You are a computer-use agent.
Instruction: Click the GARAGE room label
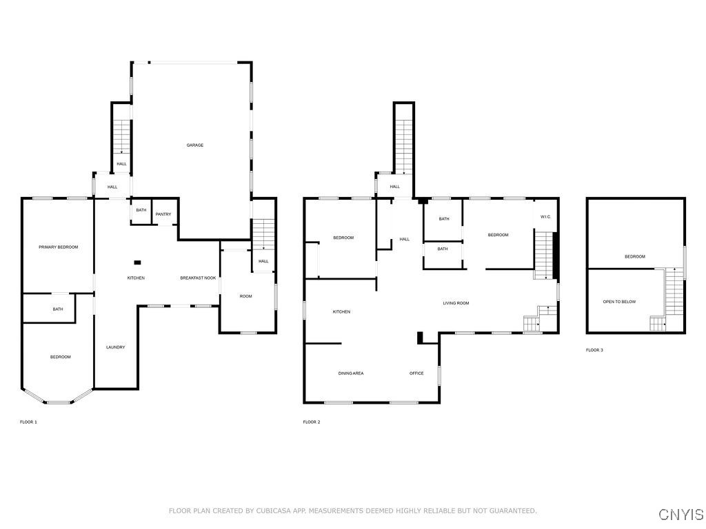click(195, 145)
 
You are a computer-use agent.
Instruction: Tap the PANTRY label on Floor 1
click(163, 215)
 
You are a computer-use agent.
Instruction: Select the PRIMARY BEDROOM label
click(58, 247)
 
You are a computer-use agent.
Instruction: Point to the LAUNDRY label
click(116, 347)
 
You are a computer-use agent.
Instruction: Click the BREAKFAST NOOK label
click(198, 278)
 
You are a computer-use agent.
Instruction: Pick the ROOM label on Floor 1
click(246, 296)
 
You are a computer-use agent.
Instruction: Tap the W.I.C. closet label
click(545, 217)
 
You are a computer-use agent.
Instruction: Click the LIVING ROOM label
click(456, 303)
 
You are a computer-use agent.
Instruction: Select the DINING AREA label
click(351, 373)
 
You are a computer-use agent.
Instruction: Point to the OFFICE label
click(416, 373)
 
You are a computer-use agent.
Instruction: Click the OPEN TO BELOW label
click(619, 302)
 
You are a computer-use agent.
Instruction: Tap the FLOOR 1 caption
click(28, 422)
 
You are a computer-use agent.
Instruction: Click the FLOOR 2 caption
click(312, 422)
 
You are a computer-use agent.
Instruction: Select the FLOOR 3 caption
click(594, 350)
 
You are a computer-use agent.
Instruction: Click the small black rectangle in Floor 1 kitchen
click(137, 262)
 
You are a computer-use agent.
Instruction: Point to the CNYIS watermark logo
click(681, 514)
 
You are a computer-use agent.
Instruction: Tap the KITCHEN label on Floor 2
click(341, 312)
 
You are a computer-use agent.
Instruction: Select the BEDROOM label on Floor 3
click(635, 257)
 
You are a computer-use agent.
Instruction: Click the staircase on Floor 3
click(674, 292)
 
